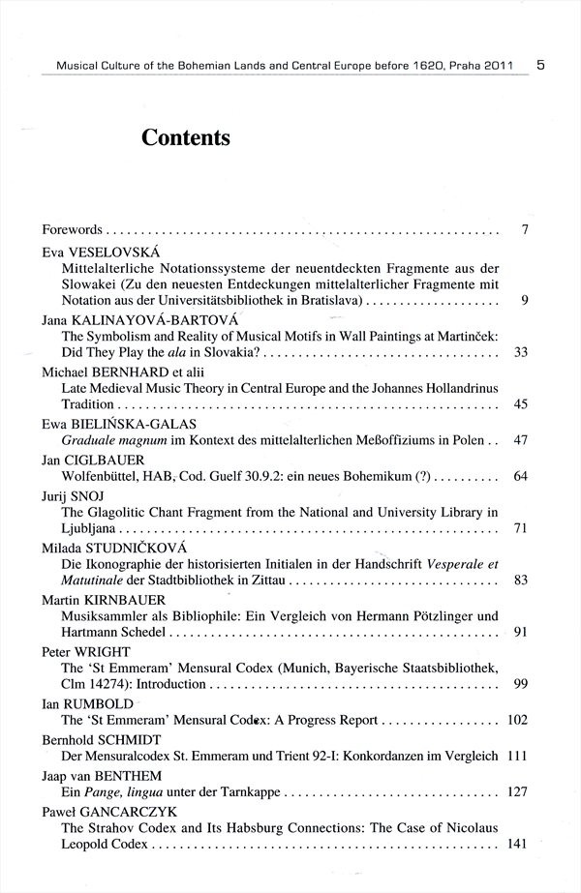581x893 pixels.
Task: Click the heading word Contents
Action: [x=185, y=137]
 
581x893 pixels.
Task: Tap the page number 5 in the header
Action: [x=539, y=66]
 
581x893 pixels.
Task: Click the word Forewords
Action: [x=73, y=230]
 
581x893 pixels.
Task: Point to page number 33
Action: [x=520, y=352]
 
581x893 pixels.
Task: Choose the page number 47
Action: [x=520, y=440]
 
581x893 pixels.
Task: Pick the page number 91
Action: [x=520, y=633]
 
